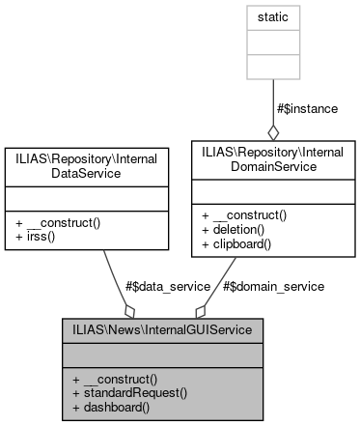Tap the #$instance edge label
pos(306,108)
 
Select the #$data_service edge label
pos(166,286)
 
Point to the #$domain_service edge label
pos(273,286)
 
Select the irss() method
pos(36,236)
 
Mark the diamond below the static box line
pos(274,131)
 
